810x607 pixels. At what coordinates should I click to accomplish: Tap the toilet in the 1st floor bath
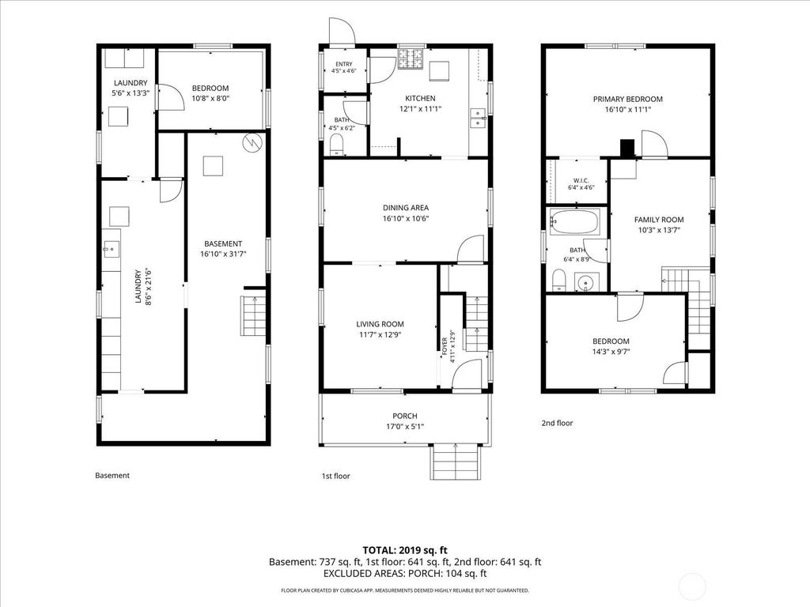(336, 145)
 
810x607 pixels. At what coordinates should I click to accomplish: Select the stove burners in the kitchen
(411, 58)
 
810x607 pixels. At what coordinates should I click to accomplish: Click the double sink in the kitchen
(478, 118)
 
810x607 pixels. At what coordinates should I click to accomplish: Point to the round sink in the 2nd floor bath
(586, 282)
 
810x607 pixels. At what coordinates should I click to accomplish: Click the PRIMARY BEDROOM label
(627, 99)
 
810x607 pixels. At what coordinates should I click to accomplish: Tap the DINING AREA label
(406, 208)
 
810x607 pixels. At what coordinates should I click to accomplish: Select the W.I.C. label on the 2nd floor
(581, 181)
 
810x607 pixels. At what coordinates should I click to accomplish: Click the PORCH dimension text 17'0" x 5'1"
(405, 426)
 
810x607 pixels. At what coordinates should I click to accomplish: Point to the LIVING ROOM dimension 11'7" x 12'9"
(380, 334)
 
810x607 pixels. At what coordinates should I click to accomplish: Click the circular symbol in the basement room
(252, 142)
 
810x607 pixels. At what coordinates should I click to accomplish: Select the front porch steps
(456, 462)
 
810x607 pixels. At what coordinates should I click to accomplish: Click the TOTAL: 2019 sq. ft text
(401, 550)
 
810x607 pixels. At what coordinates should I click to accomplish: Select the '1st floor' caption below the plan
(335, 476)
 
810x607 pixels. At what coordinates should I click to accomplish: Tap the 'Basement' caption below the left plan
(112, 475)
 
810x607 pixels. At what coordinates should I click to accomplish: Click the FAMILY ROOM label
(659, 220)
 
